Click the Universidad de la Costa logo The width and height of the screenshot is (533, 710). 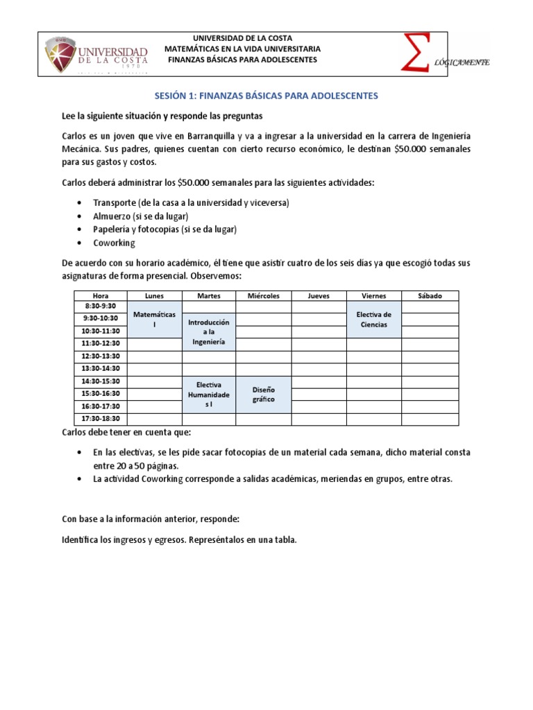tap(98, 53)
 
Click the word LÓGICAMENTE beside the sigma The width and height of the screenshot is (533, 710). tap(462, 62)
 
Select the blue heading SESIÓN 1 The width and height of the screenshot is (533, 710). tap(266, 96)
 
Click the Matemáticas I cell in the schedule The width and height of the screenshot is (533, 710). tap(154, 319)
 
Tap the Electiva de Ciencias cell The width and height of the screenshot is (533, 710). tap(374, 320)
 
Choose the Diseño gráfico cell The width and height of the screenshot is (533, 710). tap(264, 395)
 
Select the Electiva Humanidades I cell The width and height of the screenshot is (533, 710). tap(209, 394)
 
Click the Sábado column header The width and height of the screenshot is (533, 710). tap(430, 295)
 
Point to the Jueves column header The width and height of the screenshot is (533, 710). tap(319, 295)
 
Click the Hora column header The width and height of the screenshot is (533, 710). tap(101, 295)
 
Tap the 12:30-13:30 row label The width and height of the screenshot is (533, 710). tap(101, 356)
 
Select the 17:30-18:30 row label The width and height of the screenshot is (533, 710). tap(101, 418)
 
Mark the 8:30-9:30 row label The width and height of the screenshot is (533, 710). tap(101, 306)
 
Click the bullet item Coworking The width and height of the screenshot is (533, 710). tap(114, 243)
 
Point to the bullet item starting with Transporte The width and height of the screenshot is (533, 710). tap(191, 202)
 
